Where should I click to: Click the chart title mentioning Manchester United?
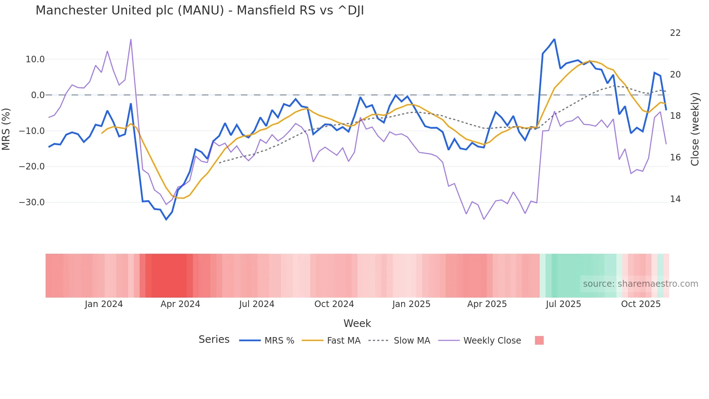pos(200,10)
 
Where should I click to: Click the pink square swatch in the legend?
pos(539,340)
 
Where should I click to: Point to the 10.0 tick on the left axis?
pos(35,59)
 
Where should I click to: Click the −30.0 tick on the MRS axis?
pos(32,202)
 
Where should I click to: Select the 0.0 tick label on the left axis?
pos(38,95)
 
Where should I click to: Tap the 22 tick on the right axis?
pos(675,33)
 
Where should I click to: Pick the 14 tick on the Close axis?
pos(675,199)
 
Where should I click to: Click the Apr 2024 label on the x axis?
pos(180,304)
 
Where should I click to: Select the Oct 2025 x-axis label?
pos(641,304)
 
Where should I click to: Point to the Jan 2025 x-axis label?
pos(411,304)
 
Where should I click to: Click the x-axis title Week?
pos(357,323)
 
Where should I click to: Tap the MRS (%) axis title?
pos(6,129)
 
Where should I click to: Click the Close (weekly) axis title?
pos(695,129)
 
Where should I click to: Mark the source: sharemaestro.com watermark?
pos(640,284)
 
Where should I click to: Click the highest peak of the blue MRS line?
pos(554,39)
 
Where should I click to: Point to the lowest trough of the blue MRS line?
pos(166,219)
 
